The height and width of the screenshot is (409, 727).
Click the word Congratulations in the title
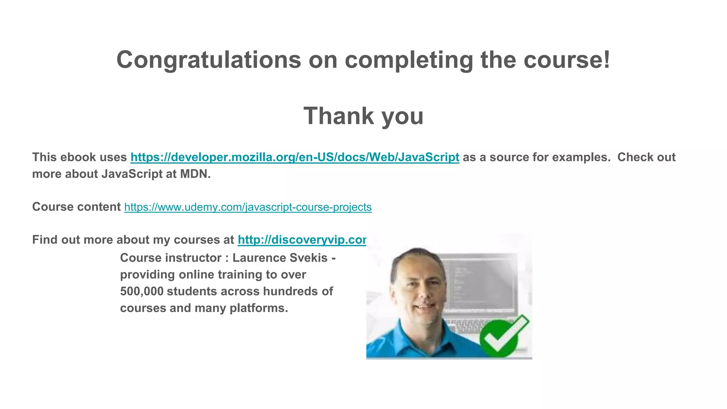[208, 60]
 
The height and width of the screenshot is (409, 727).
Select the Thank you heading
[363, 116]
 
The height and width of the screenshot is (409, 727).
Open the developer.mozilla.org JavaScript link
[295, 157]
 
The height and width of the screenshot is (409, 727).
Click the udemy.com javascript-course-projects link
[248, 207]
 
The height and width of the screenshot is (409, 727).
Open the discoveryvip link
[302, 240]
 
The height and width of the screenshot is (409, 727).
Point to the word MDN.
[195, 174]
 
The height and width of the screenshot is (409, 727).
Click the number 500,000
[142, 291]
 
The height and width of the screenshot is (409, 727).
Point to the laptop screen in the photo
[479, 280]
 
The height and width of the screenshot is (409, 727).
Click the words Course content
[76, 207]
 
